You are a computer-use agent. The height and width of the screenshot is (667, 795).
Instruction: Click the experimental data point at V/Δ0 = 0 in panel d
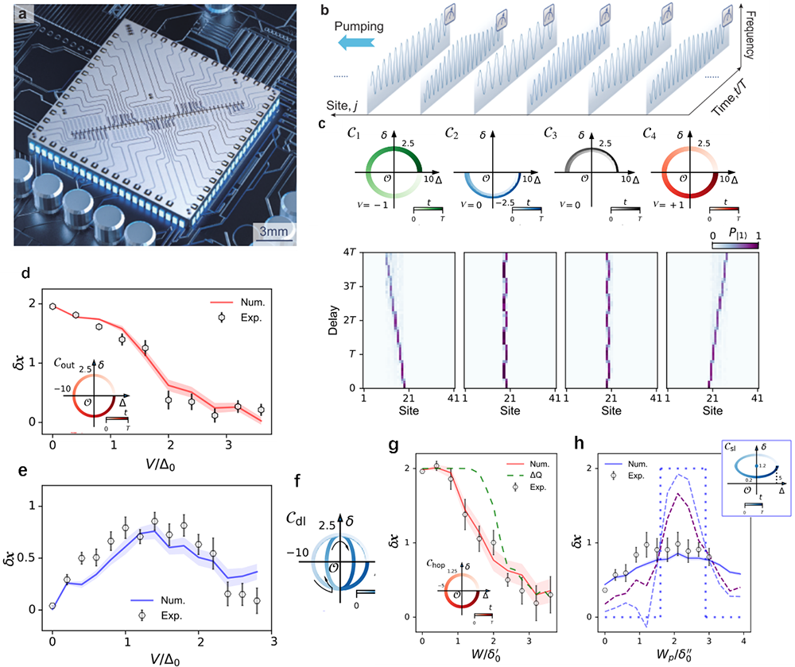[52, 306]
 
